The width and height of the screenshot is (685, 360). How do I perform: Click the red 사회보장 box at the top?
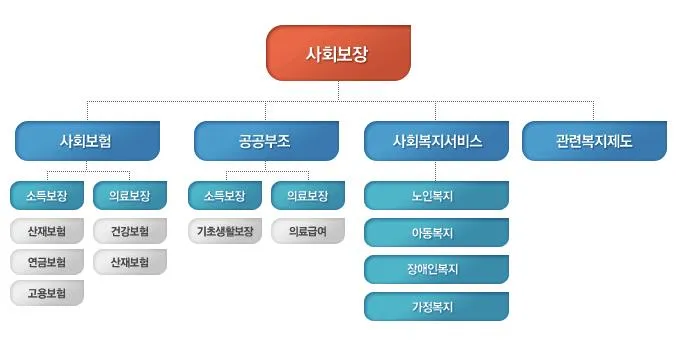tap(337, 53)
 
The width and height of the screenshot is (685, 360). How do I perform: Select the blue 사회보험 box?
tap(87, 141)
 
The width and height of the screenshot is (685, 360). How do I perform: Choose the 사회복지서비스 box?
tap(437, 141)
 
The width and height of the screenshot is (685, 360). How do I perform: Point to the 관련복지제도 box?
tap(594, 141)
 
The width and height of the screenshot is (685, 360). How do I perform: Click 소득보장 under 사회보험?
tap(47, 195)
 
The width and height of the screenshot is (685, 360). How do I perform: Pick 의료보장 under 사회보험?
tap(129, 195)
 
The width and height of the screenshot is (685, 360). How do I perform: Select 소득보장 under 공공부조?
tap(224, 195)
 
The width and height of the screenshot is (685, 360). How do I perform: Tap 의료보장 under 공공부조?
tap(307, 195)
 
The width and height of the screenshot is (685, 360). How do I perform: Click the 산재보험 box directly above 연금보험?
tap(47, 231)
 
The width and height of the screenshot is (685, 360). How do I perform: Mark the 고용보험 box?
tap(47, 293)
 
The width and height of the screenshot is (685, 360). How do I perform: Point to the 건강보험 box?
tap(129, 231)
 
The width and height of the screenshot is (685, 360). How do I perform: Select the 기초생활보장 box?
tap(224, 231)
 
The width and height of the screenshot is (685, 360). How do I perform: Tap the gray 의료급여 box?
tap(307, 231)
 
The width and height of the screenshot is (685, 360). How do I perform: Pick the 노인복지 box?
tap(436, 196)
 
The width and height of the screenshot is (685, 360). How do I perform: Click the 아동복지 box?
tap(436, 233)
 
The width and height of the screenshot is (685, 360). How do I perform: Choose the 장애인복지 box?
tap(436, 270)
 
